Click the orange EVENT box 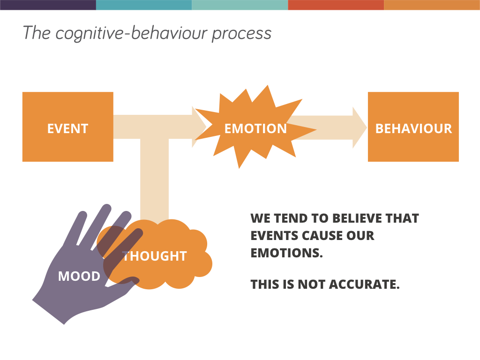pos(68,127)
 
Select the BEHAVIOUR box pos(413,127)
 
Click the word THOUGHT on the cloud pos(155,256)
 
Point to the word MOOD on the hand pos(79,276)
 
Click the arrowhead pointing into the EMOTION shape pos(199,127)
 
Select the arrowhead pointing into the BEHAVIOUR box pos(360,127)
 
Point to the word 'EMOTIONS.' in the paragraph pos(287,253)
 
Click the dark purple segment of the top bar pos(48,5)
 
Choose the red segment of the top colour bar pos(336,5)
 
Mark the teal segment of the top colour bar pos(144,5)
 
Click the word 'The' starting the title pos(36,33)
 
